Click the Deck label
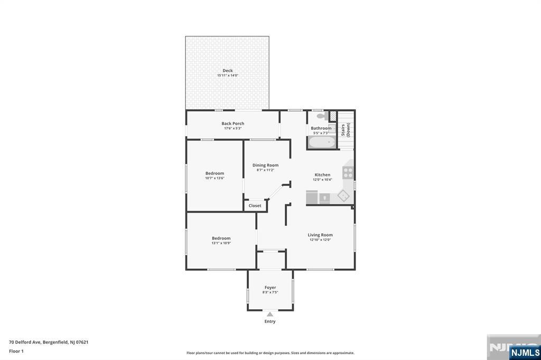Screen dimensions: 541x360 click(227, 71)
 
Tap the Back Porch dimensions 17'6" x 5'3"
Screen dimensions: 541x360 click(233, 128)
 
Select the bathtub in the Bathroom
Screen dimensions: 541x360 click(322, 142)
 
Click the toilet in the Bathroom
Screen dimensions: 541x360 click(323, 116)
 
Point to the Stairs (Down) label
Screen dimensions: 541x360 click(346, 130)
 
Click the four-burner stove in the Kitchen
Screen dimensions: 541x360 click(348, 173)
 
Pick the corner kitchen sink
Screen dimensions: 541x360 click(343, 196)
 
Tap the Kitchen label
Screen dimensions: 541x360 click(322, 175)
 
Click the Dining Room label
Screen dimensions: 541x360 click(265, 165)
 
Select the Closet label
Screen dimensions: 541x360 click(255, 205)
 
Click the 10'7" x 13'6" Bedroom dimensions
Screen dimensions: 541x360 click(214, 178)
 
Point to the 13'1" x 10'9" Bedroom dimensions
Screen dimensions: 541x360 click(221, 243)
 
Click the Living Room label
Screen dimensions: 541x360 click(320, 235)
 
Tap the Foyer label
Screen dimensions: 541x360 click(270, 288)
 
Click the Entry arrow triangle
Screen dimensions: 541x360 click(270, 314)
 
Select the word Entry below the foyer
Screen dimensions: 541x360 click(270, 321)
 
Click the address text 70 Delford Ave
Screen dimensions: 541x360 click(25, 342)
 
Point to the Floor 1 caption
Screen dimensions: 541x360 click(16, 351)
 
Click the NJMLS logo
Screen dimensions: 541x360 click(525, 353)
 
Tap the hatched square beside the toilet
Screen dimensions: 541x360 click(333, 116)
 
